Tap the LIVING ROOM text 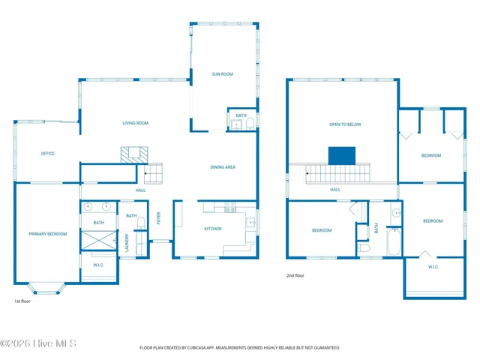point(136,123)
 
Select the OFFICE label point(47,154)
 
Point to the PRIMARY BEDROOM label point(48,234)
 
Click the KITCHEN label point(213,228)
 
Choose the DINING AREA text point(223,166)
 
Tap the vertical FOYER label point(158,217)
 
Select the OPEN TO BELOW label point(345,124)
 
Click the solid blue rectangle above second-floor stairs point(342,155)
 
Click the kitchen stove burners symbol point(230,207)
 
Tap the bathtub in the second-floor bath point(394,241)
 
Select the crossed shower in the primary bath point(98,241)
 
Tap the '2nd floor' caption point(295,275)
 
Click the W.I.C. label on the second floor point(433,267)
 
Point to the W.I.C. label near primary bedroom point(98,265)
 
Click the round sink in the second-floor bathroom point(395,213)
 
